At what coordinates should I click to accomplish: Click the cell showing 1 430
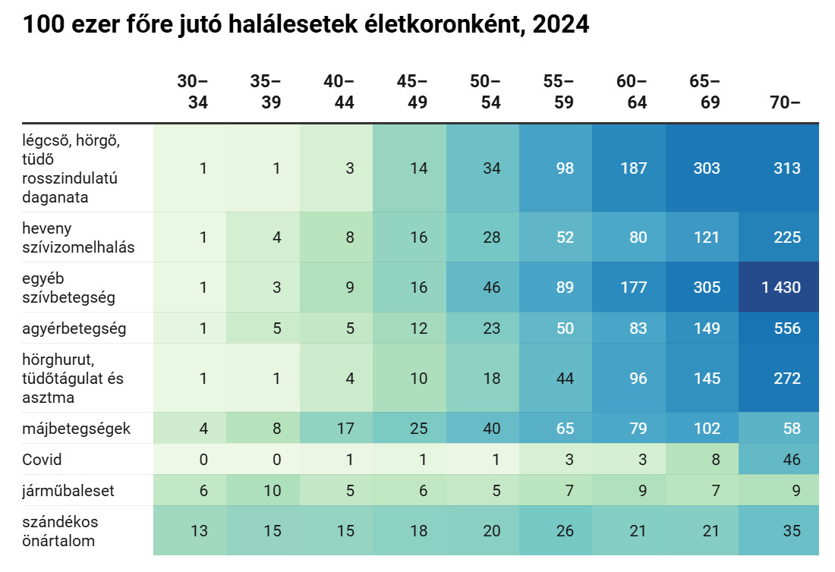[781, 288]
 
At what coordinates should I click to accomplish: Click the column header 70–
[785, 102]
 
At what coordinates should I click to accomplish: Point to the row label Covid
[43, 460]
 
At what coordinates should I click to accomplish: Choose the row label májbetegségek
[77, 429]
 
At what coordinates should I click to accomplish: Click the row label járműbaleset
[69, 491]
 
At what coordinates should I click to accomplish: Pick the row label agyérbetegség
[74, 328]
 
